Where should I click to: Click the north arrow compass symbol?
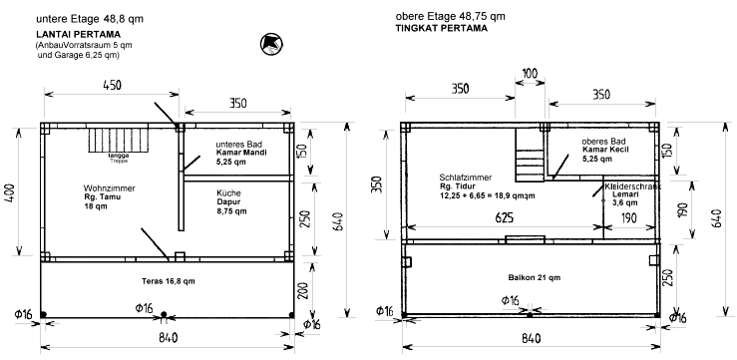tap(271, 45)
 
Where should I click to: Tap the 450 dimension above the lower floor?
tap(112, 85)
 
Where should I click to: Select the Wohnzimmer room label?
tap(110, 188)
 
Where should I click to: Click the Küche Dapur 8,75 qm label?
tap(231, 201)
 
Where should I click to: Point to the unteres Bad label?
tap(235, 144)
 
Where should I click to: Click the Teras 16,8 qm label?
tap(169, 281)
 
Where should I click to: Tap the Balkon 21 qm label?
tap(535, 278)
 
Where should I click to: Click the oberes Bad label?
tap(600, 141)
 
